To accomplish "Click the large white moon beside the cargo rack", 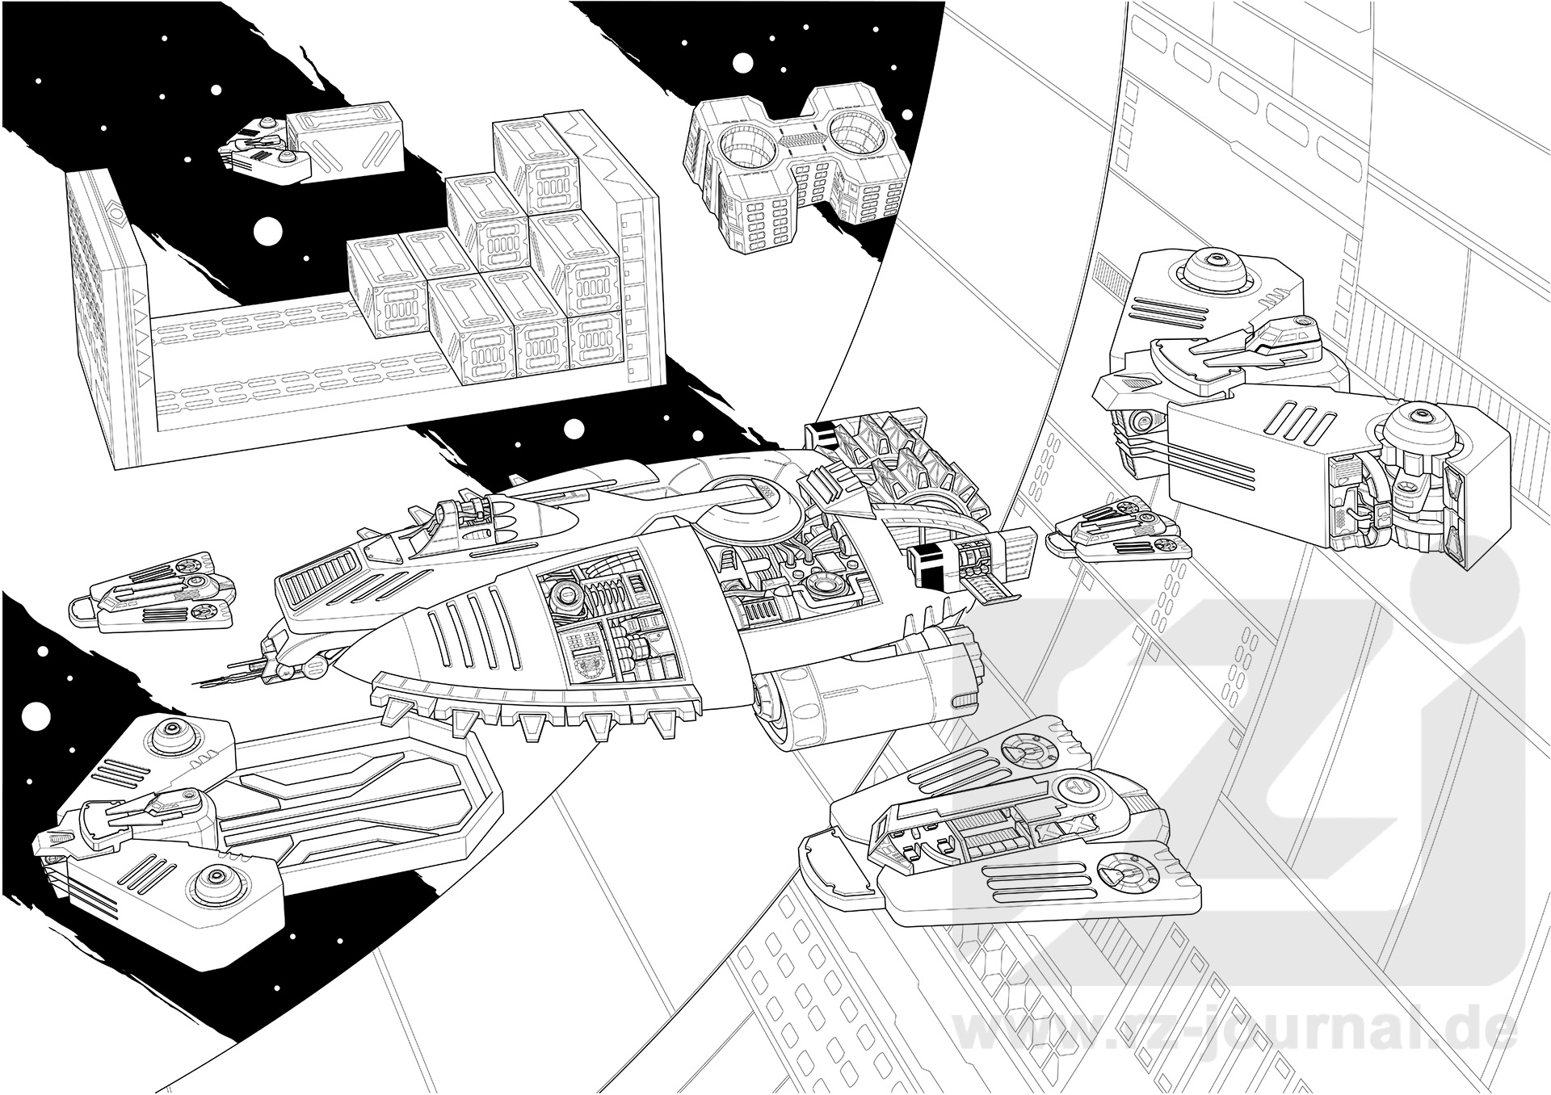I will pos(267,233).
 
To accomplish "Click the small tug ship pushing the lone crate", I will pos(262,148).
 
